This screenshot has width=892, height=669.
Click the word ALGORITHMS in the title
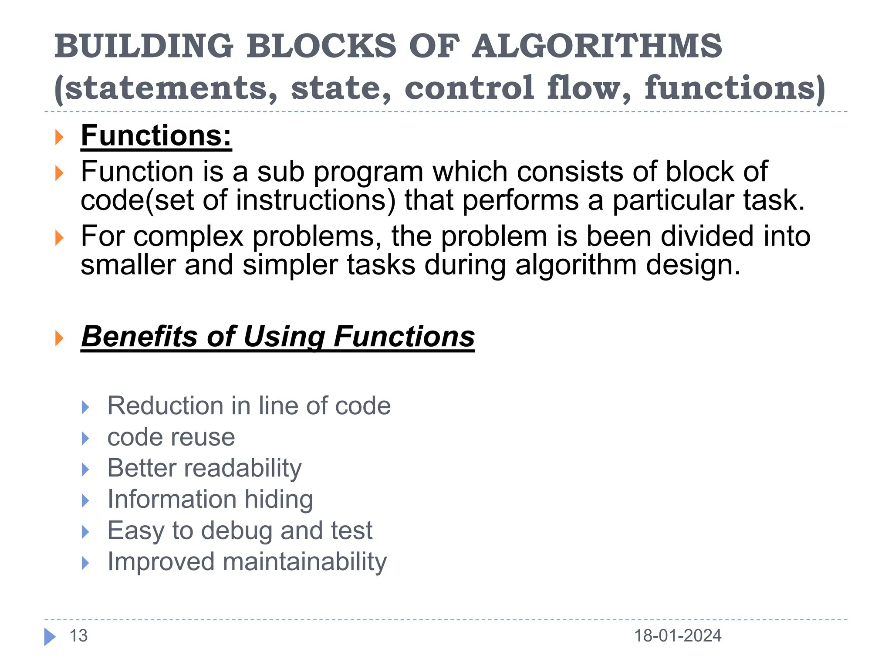pos(597,46)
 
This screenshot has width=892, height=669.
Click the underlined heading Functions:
pos(156,136)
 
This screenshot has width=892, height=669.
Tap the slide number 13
pos(78,636)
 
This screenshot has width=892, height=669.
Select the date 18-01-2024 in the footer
pos(677,636)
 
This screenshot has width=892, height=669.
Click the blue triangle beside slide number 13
pos(50,637)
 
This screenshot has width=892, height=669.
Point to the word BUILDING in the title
pos(144,46)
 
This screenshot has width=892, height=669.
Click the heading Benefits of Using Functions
pos(278,337)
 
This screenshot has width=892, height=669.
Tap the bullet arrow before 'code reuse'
pos(85,438)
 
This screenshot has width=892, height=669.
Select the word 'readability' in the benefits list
pos(243,468)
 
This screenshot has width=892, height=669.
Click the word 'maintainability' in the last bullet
pos(304,561)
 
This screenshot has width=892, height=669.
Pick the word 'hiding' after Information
pos(279,499)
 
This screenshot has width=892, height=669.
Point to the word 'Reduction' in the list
pos(165,406)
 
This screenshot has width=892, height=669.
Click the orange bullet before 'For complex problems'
pos(59,238)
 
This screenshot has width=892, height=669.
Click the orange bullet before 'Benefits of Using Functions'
pos(59,338)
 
